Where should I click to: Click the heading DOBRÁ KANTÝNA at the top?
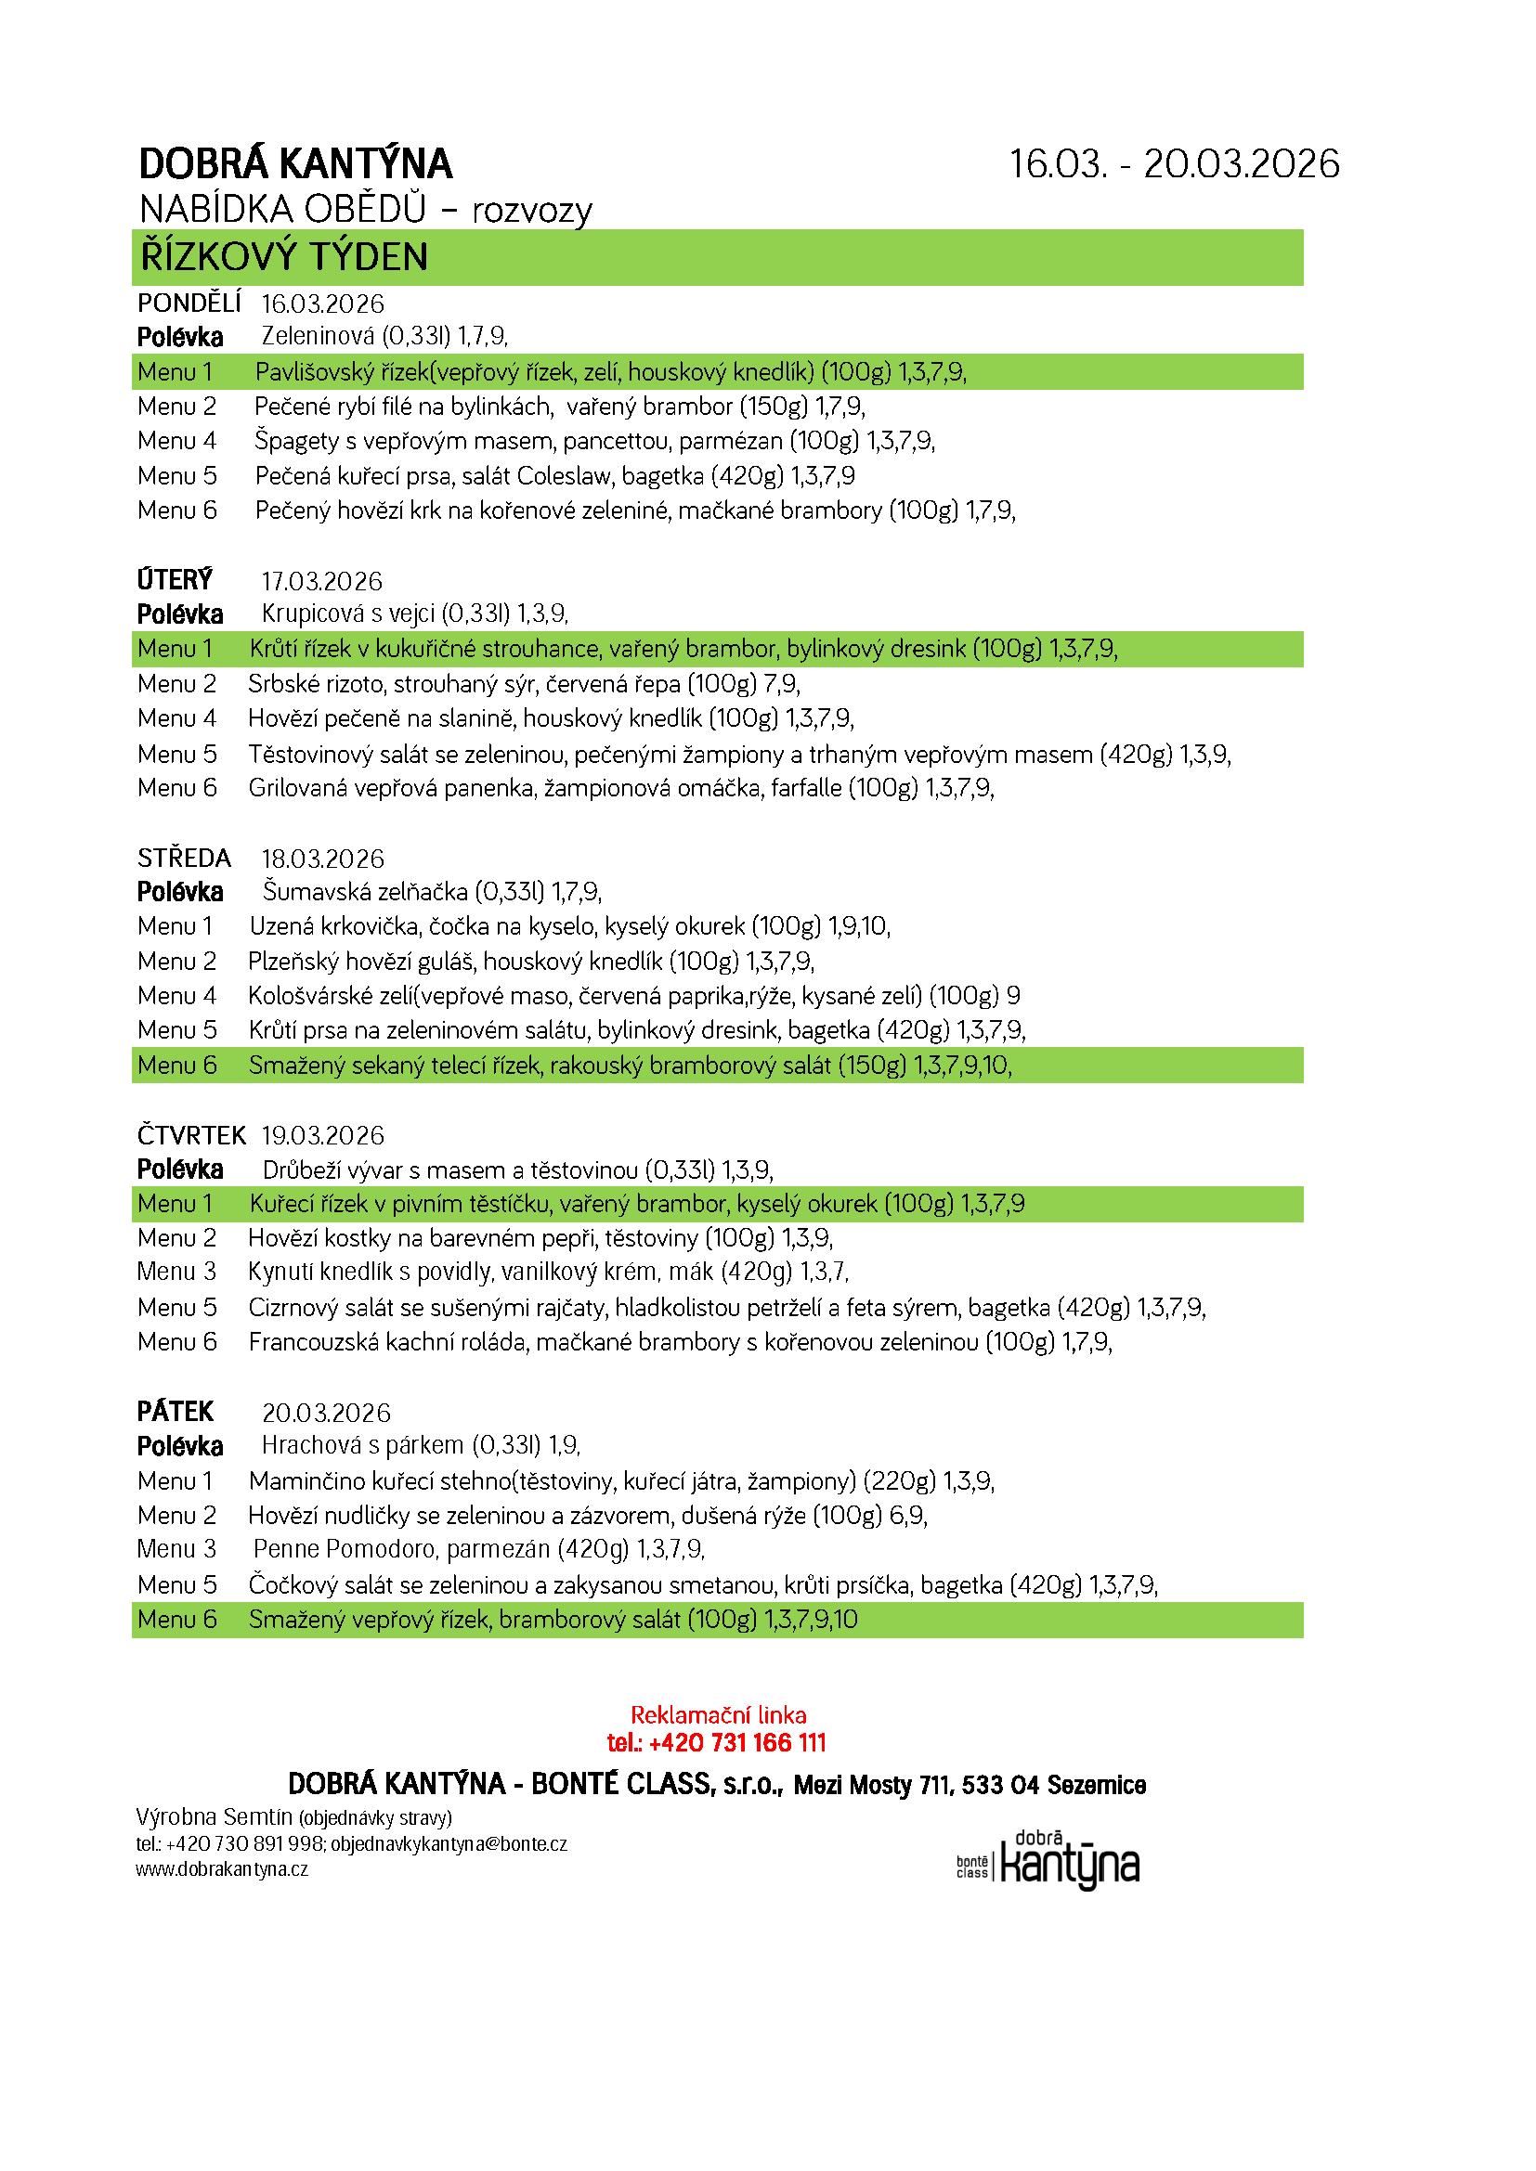295,164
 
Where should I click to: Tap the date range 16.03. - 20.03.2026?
1174,164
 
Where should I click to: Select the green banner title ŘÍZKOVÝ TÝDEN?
284,257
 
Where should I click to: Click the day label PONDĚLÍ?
189,304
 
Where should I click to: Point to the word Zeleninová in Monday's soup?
318,337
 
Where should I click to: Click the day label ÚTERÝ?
175,579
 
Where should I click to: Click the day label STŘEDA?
184,859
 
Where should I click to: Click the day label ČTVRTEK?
191,1135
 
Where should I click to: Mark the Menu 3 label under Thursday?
176,1272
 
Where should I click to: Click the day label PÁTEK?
175,1412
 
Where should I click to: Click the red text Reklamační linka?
718,1715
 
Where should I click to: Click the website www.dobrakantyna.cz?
221,1869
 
